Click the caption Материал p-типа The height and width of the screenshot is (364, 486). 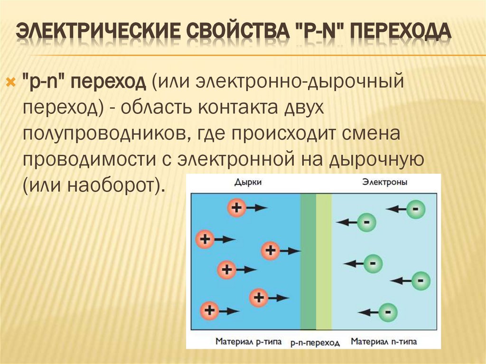coord(248,341)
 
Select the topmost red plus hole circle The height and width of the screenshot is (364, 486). coord(236,207)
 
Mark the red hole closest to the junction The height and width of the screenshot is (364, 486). coord(271,250)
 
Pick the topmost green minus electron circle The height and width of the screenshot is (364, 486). coord(415,208)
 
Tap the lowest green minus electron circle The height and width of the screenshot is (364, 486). coord(387,312)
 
